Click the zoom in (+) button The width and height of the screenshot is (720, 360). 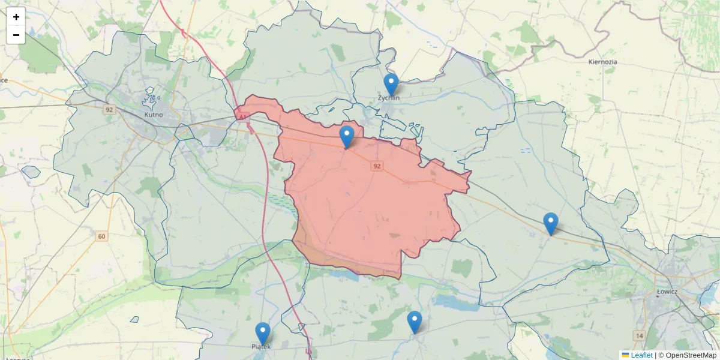pyautogui.click(x=16, y=17)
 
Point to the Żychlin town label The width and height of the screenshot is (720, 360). pyautogui.click(x=389, y=97)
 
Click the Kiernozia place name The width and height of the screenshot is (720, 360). pyautogui.click(x=603, y=62)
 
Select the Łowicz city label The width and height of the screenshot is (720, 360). pyautogui.click(x=667, y=292)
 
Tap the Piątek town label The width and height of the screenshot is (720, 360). pyautogui.click(x=261, y=347)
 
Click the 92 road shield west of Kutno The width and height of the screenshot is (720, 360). pyautogui.click(x=109, y=110)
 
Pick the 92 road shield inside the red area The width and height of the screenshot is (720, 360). pyautogui.click(x=377, y=166)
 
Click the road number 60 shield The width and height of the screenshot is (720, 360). pyautogui.click(x=101, y=236)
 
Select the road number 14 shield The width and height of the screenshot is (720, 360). pyautogui.click(x=638, y=335)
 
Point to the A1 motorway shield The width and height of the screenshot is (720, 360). pyautogui.click(x=243, y=118)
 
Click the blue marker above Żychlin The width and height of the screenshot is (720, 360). pyautogui.click(x=391, y=85)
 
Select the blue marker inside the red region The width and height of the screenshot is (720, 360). pyautogui.click(x=347, y=137)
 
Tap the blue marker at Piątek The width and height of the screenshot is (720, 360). pyautogui.click(x=262, y=334)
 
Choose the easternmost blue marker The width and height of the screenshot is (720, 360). pyautogui.click(x=550, y=223)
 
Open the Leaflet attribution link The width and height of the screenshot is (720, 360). pyautogui.click(x=641, y=355)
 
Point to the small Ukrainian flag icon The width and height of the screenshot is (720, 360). pyautogui.click(x=625, y=355)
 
